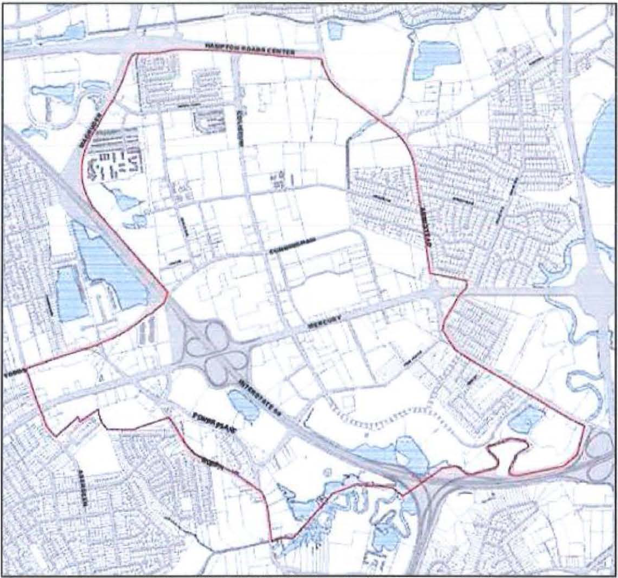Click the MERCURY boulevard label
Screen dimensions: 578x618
[324, 322]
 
